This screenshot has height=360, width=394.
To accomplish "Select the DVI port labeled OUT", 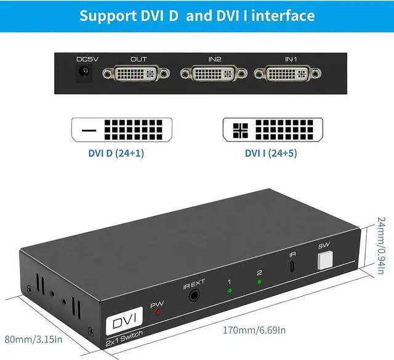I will coord(139,74).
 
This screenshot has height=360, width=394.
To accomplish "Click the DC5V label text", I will coord(84,59).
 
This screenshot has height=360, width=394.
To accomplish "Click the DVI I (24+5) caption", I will coord(272,152).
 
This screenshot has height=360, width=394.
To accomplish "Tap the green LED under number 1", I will coord(230,291).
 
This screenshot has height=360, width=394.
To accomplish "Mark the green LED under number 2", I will coord(259,282).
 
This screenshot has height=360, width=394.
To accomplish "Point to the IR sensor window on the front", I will coord(292,267).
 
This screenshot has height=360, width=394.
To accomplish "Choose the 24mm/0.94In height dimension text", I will coord(384,244).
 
